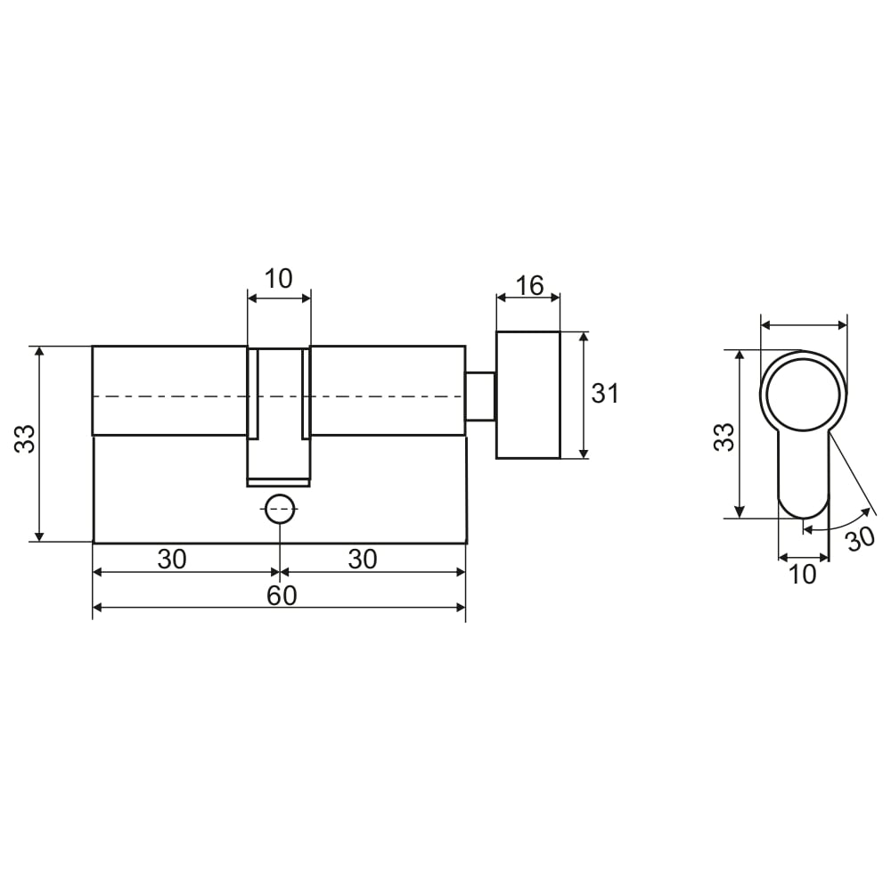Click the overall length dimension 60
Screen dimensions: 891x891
282,595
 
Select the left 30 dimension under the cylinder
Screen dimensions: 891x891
172,560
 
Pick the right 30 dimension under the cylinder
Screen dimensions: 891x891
363,560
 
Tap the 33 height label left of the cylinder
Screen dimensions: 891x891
25,438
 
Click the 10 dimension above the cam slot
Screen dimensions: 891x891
278,278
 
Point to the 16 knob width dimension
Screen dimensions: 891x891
529,285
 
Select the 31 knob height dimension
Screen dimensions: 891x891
605,393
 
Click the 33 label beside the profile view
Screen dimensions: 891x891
724,437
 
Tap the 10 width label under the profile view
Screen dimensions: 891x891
803,575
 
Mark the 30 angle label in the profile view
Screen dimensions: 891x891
861,538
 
